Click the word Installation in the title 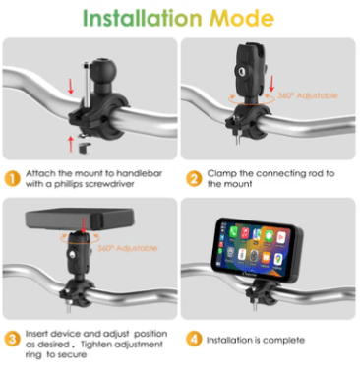pyautogui.click(x=142, y=18)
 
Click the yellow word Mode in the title pyautogui.click(x=242, y=18)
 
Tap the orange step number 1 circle pyautogui.click(x=13, y=179)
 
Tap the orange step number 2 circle pyautogui.click(x=194, y=179)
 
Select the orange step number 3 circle pyautogui.click(x=13, y=339)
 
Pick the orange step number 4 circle pyautogui.click(x=194, y=339)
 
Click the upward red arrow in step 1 pyautogui.click(x=71, y=145)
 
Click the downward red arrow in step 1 pyautogui.click(x=71, y=87)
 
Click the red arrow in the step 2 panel pyautogui.click(x=271, y=84)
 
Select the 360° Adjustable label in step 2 pyautogui.click(x=308, y=95)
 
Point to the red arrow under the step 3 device pyautogui.click(x=85, y=225)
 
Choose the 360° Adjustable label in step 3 pyautogui.click(x=128, y=248)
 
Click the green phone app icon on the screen pyautogui.click(x=233, y=232)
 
